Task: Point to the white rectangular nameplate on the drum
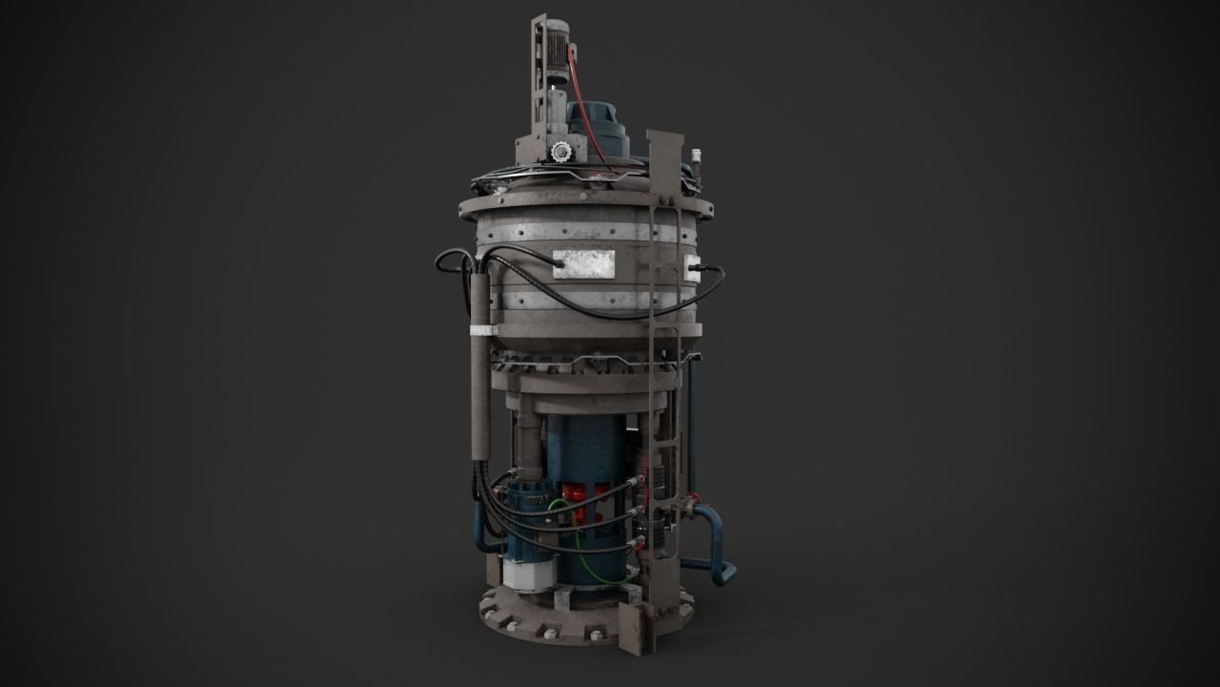(583, 264)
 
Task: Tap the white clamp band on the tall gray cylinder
(480, 330)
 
